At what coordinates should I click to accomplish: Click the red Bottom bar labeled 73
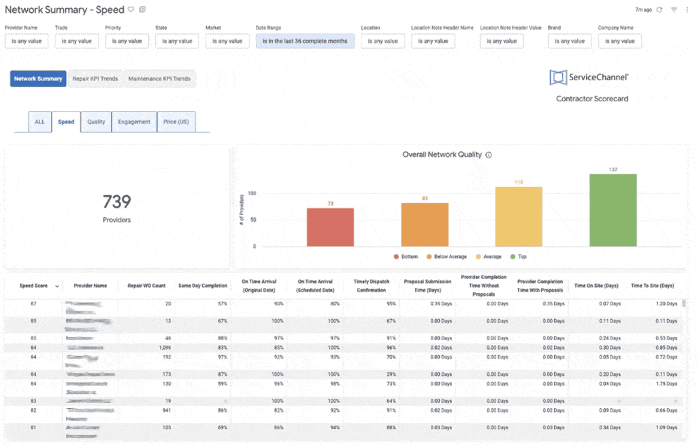[330, 227]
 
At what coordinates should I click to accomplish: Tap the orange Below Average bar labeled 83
[425, 224]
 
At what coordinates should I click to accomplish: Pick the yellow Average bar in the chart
[519, 216]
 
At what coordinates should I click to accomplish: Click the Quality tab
[96, 122]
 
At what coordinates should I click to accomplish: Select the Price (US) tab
[176, 122]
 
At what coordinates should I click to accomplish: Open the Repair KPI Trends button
[95, 79]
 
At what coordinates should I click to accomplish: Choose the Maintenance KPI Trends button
[159, 79]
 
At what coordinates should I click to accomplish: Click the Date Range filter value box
[305, 41]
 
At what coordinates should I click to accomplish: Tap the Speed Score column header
[33, 286]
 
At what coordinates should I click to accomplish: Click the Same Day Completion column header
[203, 286]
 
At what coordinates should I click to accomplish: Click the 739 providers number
[117, 201]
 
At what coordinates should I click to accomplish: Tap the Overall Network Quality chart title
[442, 154]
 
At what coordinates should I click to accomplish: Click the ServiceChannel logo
[589, 78]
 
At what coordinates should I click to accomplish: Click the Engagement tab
[134, 122]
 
